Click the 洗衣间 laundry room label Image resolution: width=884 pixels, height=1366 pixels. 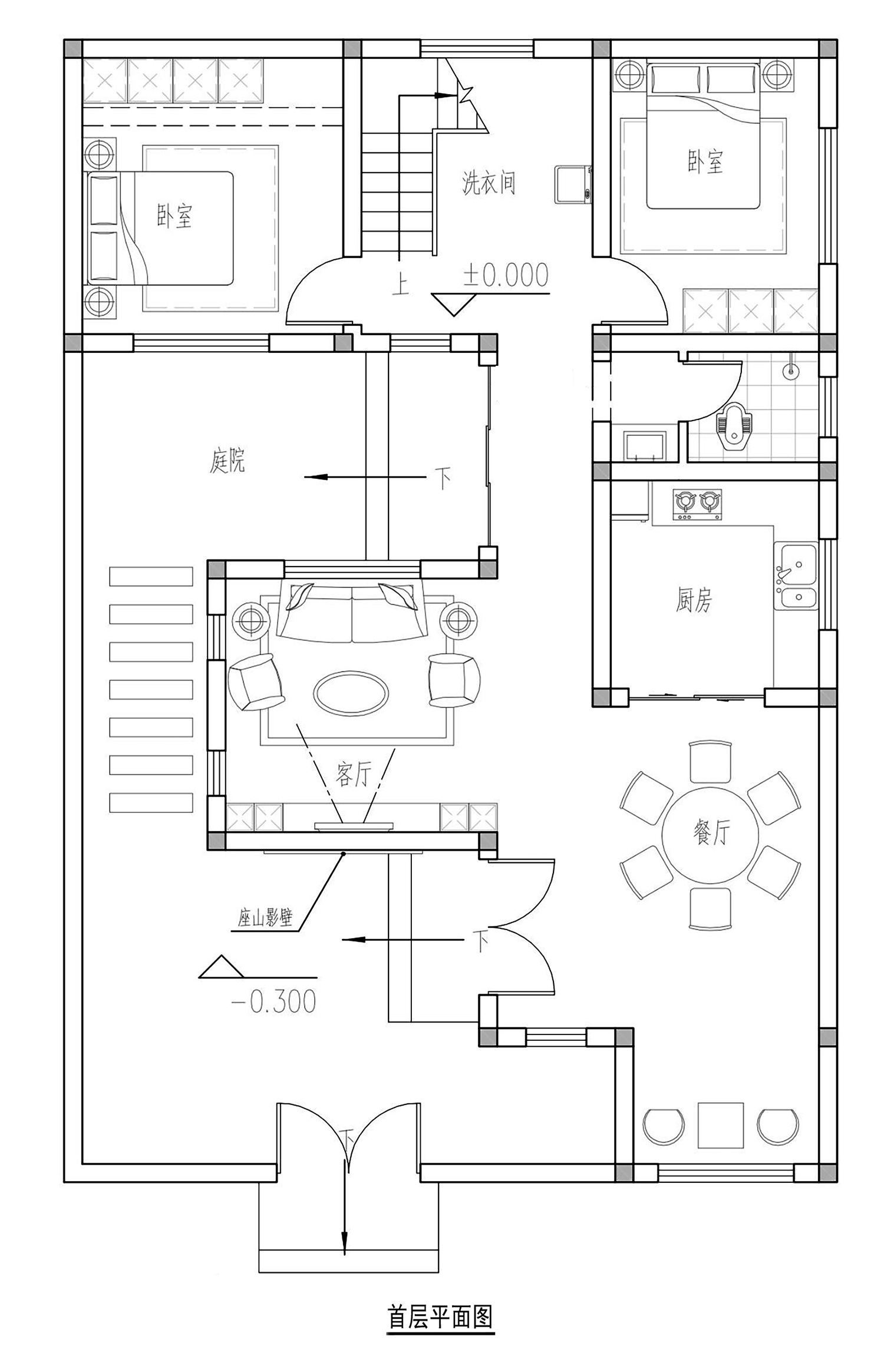(489, 183)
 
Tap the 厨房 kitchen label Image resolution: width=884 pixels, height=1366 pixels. (694, 600)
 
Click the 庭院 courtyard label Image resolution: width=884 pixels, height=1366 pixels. (227, 461)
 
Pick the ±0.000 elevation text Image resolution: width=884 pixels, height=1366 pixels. (506, 275)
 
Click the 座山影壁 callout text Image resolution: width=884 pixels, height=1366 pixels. (265, 918)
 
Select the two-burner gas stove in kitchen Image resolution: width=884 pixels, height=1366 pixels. (697, 505)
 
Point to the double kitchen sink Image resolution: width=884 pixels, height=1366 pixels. (796, 575)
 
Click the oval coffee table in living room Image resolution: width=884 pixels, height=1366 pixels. (351, 692)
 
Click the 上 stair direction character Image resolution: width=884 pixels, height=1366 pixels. (401, 286)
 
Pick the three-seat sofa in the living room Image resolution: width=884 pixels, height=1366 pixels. (352, 611)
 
